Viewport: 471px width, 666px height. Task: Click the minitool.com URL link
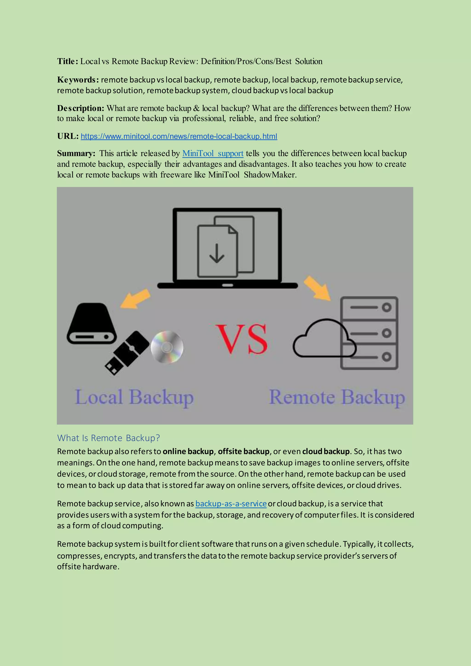[x=179, y=136]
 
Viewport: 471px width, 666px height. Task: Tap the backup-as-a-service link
[x=231, y=504]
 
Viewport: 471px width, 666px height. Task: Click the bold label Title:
[x=68, y=61]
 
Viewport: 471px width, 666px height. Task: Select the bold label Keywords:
[x=78, y=80]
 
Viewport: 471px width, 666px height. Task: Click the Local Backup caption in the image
[x=134, y=397]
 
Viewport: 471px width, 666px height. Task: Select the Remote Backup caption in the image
[x=337, y=397]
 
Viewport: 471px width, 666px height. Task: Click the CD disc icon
[x=167, y=347]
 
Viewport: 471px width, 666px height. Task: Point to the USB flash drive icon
[x=127, y=353]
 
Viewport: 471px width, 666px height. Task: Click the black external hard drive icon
[x=92, y=323]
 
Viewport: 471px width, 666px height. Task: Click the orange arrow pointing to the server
[x=317, y=288]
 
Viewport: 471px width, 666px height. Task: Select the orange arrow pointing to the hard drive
[x=135, y=298]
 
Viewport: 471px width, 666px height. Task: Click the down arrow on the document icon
[x=217, y=253]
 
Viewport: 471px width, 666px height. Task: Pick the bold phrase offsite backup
[x=244, y=451]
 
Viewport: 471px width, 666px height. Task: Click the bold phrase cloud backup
[x=326, y=451]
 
